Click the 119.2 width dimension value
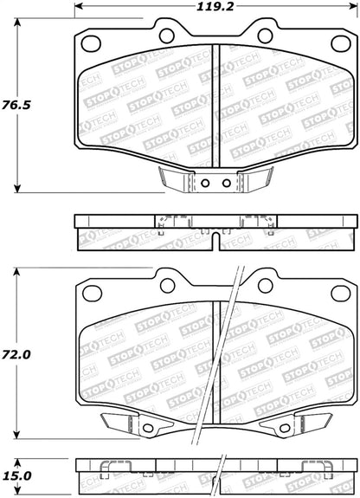coord(215,6)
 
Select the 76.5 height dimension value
coord(16,105)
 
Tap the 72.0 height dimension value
coord(16,354)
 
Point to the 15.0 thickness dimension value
coord(16,475)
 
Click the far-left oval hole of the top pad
coord(91,43)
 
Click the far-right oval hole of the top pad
coord(341,43)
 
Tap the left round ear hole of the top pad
coord(167,36)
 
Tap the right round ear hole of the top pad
coord(265,36)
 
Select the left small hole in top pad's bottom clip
coord(205,183)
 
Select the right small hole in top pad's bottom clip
coord(226,183)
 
